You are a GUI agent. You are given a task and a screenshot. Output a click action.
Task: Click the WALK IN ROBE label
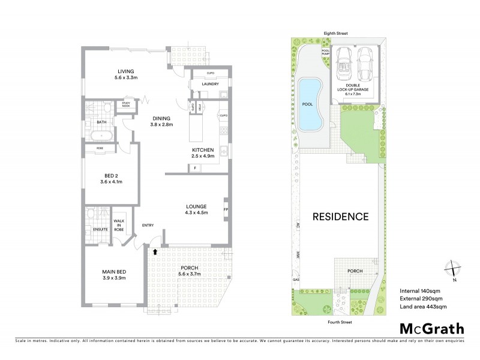pyautogui.click(x=119, y=225)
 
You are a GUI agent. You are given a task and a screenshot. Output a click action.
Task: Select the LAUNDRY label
pyautogui.click(x=210, y=85)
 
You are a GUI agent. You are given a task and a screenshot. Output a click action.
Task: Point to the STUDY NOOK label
pyautogui.click(x=126, y=104)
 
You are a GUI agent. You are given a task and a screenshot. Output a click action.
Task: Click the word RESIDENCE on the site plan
pyautogui.click(x=340, y=217)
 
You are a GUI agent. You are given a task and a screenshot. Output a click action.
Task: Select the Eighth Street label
pyautogui.click(x=336, y=34)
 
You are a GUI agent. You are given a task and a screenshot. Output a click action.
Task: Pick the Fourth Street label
pyautogui.click(x=339, y=322)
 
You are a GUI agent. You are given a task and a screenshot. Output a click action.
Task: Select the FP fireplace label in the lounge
pyautogui.click(x=226, y=210)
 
